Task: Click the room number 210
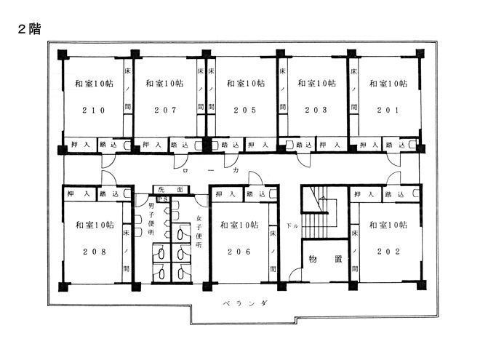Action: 94,111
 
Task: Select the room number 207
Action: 165,111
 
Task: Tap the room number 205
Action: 245,111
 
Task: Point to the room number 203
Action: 316,110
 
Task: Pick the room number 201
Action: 388,111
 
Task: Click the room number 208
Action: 95,252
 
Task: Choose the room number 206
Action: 239,252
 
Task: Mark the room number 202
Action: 388,252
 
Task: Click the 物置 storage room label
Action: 325,259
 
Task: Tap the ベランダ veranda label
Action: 246,304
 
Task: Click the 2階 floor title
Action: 29,29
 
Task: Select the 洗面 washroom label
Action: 170,190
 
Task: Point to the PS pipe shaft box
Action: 163,199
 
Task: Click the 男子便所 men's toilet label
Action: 151,219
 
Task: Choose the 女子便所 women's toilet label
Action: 199,231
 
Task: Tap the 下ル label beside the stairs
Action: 292,226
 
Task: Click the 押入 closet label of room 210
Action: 80,145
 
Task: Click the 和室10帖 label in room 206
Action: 239,225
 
